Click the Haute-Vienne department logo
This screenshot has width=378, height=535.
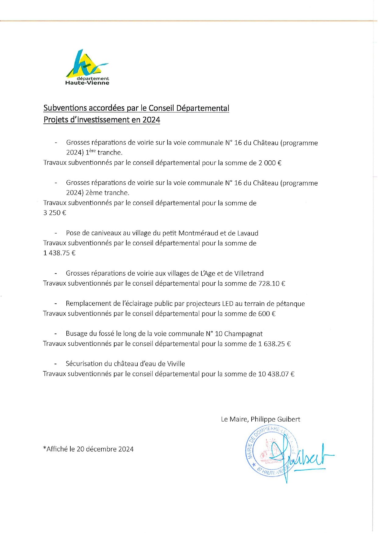[87, 67]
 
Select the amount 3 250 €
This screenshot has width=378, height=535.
[55, 213]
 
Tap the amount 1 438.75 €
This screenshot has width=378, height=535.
[59, 253]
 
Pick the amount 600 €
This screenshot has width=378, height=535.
[267, 314]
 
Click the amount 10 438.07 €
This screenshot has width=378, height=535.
[276, 374]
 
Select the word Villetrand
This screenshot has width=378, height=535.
[249, 273]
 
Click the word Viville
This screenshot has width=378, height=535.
[176, 364]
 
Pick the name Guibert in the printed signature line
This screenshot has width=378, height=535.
[288, 419]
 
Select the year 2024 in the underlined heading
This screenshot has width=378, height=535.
[151, 120]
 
